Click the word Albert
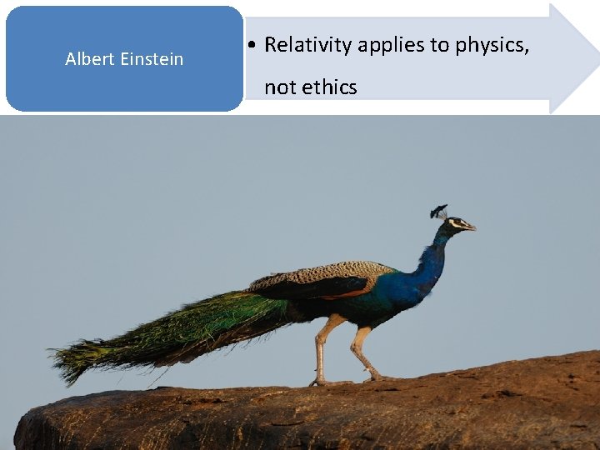point(90,59)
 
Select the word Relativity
point(307,46)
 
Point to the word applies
point(391,46)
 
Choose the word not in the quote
point(280,87)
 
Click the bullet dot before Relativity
point(252,46)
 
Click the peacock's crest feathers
point(439,211)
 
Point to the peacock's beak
point(471,227)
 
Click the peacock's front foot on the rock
point(379,377)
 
